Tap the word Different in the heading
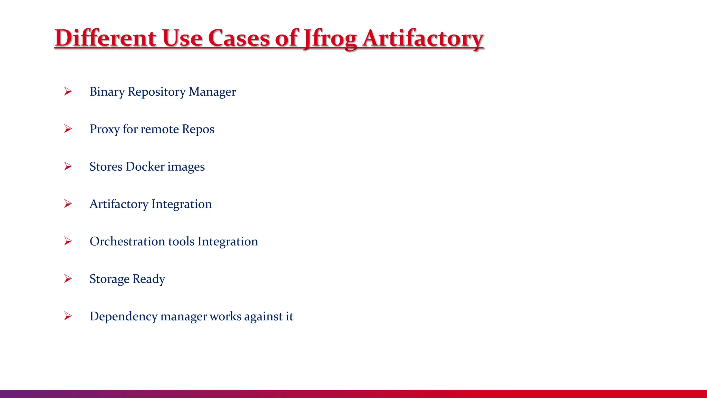pos(105,38)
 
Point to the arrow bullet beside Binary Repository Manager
pos(68,92)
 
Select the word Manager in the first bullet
pos(212,92)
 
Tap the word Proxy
pos(105,130)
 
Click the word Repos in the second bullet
pos(198,130)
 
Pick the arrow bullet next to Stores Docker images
pos(68,167)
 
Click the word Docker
pos(145,167)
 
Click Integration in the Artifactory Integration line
pos(182,204)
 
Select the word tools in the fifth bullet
pos(181,241)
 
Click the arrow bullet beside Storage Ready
pos(68,278)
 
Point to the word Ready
pos(149,279)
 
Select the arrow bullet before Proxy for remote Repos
pos(68,129)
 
